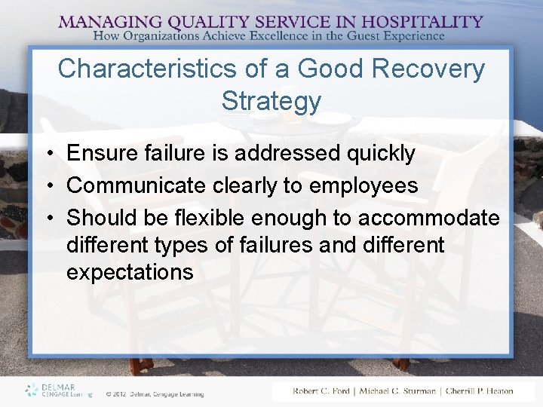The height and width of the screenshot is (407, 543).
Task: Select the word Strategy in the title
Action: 271,101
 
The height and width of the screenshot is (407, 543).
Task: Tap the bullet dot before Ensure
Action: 48,155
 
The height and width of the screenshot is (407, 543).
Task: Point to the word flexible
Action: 207,219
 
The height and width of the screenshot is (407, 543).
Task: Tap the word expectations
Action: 130,272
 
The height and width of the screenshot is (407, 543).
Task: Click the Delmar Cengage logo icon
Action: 32,390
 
